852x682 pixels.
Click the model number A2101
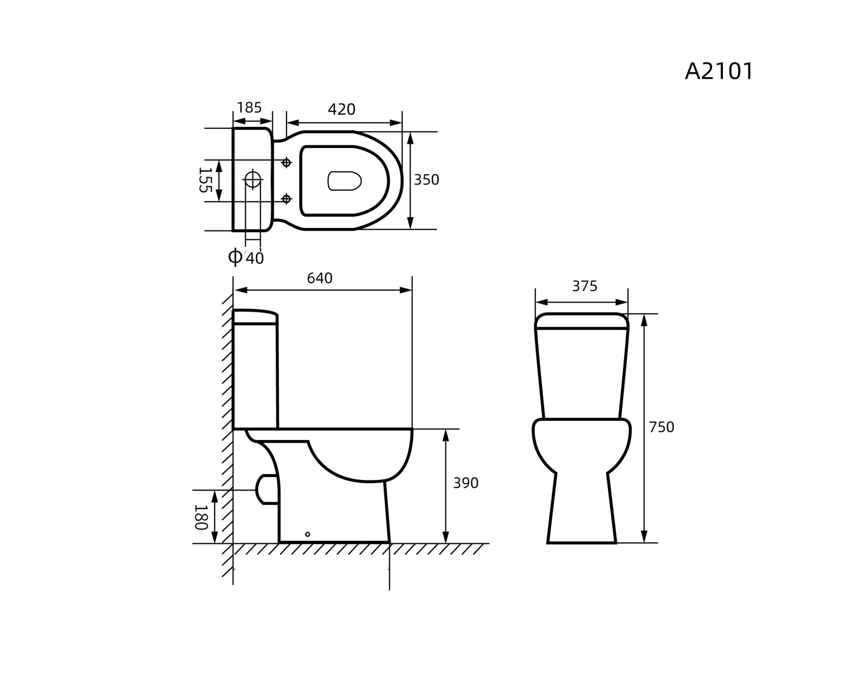pyautogui.click(x=719, y=71)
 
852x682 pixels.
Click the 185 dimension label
pyautogui.click(x=249, y=108)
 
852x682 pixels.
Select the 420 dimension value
pyautogui.click(x=342, y=109)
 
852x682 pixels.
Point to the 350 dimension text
pyautogui.click(x=426, y=180)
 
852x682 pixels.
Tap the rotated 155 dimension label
pyautogui.click(x=205, y=180)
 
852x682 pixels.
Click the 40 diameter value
pyautogui.click(x=255, y=258)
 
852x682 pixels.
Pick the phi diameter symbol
pyautogui.click(x=235, y=256)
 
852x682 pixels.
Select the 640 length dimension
pyautogui.click(x=319, y=278)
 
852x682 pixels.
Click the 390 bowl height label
pyautogui.click(x=466, y=483)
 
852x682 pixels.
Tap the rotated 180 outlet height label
pyautogui.click(x=201, y=517)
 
